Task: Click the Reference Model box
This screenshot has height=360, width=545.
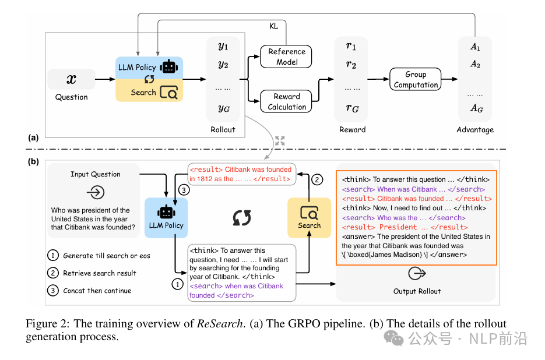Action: (x=286, y=57)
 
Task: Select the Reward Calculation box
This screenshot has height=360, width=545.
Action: (x=286, y=101)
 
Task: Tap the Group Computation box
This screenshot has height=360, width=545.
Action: (x=416, y=80)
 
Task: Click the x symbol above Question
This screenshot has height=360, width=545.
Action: (x=72, y=79)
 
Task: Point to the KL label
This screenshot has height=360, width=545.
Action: (x=274, y=27)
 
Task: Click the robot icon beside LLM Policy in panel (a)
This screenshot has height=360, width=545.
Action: (x=169, y=66)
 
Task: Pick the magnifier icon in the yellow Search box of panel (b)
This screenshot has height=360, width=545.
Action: (x=309, y=212)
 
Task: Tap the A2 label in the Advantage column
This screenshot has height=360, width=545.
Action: (x=475, y=63)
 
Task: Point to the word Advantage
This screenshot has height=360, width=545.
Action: (x=475, y=129)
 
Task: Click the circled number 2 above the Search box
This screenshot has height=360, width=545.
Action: (x=317, y=180)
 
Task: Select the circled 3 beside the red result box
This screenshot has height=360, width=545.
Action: (x=182, y=190)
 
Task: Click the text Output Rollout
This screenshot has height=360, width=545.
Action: (x=417, y=291)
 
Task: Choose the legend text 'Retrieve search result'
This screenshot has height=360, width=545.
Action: (x=100, y=273)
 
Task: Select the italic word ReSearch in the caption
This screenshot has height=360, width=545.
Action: (x=219, y=324)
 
